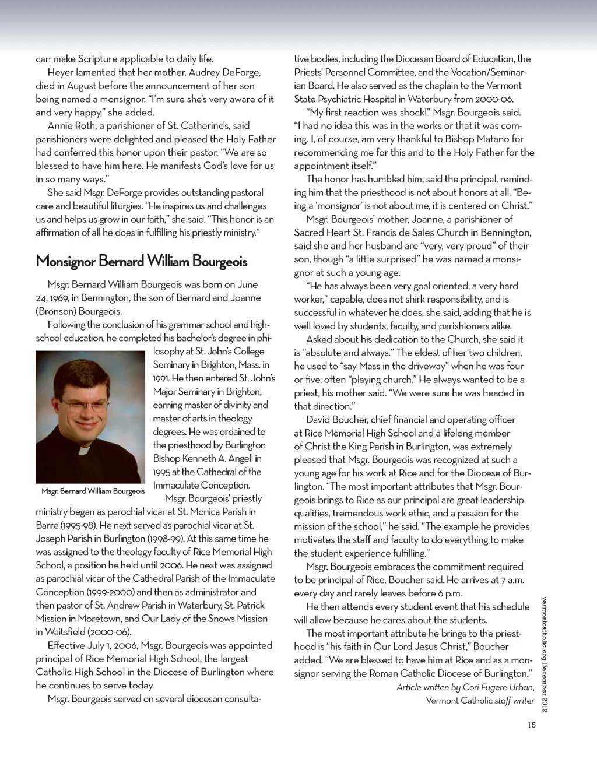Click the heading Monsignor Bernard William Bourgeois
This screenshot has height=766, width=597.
[x=142, y=261]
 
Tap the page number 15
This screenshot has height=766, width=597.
[x=531, y=726]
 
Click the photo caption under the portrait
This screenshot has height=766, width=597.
[x=93, y=491]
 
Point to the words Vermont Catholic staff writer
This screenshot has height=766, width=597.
[x=480, y=701]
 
